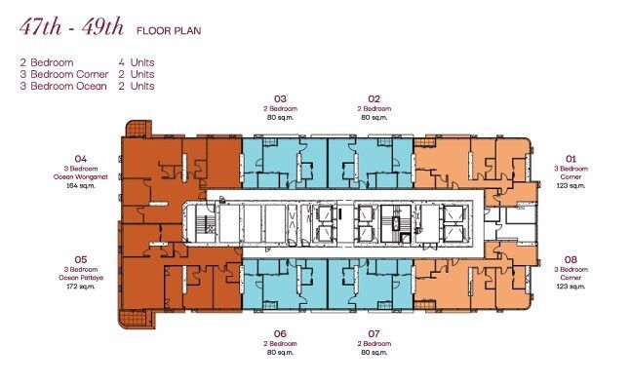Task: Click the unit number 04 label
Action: tap(81, 158)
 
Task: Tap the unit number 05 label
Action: tap(81, 260)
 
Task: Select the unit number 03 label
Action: tap(280, 98)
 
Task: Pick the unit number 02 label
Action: tap(373, 98)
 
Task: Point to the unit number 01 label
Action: tap(572, 158)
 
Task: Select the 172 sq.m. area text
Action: tap(81, 287)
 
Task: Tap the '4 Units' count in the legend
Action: tap(136, 62)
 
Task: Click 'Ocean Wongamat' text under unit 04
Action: tap(81, 175)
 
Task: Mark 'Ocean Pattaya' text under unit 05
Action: tap(81, 278)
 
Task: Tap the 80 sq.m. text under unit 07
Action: tap(373, 351)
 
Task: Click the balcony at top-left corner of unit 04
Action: tap(137, 128)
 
